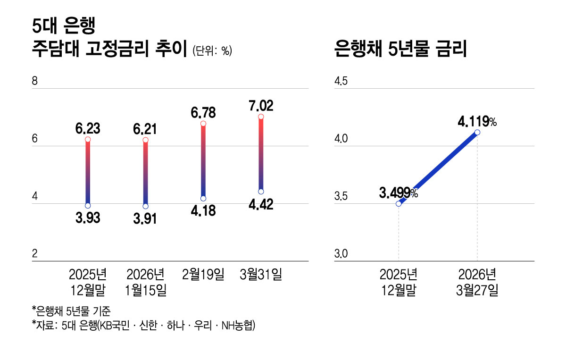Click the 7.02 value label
(260, 105)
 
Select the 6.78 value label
(204, 113)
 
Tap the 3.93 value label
(88, 218)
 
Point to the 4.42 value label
(260, 205)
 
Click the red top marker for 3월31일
(261, 117)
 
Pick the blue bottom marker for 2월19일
(203, 199)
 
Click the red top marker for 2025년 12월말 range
(88, 140)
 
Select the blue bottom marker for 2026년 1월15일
(145, 206)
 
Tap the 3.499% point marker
(399, 204)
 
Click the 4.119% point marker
(477, 133)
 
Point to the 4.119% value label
(477, 122)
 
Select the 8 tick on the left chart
(34, 82)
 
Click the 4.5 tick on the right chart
(341, 82)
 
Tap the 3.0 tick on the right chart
(341, 254)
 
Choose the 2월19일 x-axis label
(203, 274)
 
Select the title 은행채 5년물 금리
(400, 49)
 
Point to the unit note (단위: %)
(212, 51)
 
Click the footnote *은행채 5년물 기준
(71, 310)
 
